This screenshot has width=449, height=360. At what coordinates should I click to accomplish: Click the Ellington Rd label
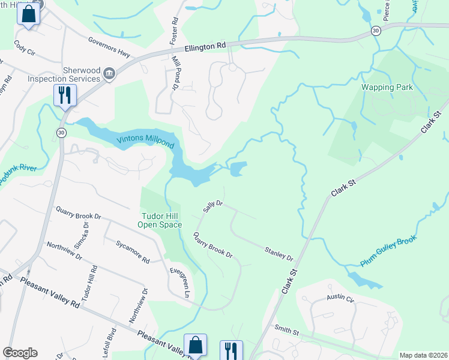205,46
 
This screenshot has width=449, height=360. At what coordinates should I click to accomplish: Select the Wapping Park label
387,87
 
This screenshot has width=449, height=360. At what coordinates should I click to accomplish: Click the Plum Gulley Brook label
388,252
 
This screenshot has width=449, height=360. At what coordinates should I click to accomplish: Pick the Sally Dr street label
213,207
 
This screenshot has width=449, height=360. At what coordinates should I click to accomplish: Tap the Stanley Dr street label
279,254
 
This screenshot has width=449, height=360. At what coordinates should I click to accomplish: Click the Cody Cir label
25,47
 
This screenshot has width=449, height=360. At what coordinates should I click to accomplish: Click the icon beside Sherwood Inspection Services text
109,74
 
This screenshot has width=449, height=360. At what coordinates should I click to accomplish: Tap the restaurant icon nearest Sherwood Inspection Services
65,95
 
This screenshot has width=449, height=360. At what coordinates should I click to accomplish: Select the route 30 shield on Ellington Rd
375,30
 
